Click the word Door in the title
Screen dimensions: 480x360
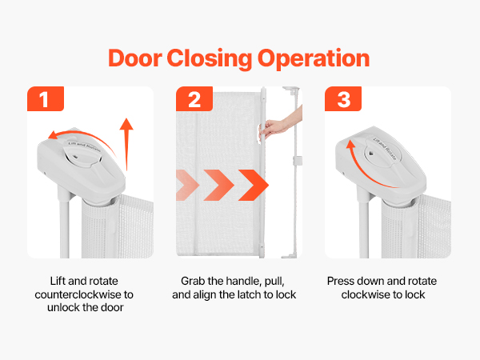coord(135,58)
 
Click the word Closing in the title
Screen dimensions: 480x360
coord(210,58)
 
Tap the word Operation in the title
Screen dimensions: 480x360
coord(314,58)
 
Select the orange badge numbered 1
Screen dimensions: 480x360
coord(46,98)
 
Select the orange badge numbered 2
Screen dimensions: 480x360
coord(194,98)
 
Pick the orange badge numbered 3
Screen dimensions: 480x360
coord(343,98)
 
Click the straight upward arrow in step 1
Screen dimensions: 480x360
coord(126,144)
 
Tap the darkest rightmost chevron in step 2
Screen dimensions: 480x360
coord(254,186)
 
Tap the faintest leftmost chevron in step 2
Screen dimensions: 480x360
coord(186,186)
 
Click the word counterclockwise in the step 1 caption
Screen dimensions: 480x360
coord(78,294)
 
